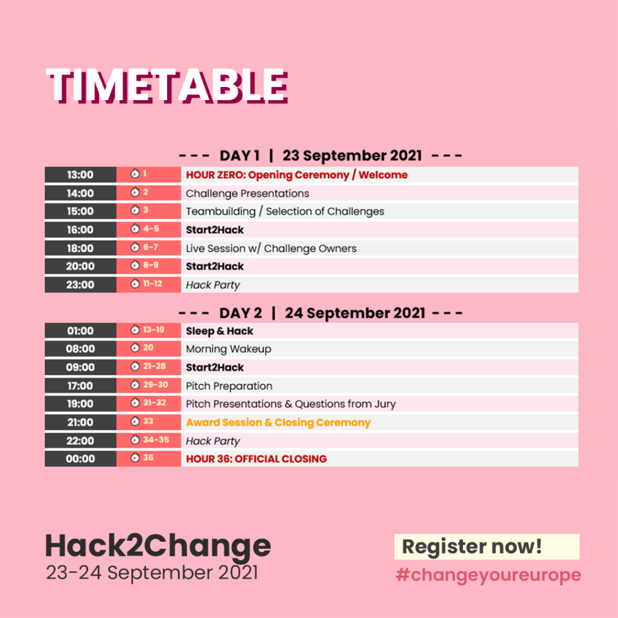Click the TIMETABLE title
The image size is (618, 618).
click(167, 86)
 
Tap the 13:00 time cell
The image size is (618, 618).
click(80, 174)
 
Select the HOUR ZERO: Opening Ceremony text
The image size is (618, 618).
click(267, 175)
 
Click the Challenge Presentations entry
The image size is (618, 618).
click(247, 194)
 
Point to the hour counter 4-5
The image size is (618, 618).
click(151, 229)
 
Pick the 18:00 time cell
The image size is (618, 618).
click(80, 248)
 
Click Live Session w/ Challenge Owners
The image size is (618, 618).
click(271, 249)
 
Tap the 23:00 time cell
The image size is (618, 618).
click(80, 285)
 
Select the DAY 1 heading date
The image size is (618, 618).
click(352, 156)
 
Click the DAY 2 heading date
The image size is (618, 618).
click(355, 313)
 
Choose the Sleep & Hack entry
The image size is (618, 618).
click(220, 331)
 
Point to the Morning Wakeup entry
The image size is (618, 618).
click(229, 349)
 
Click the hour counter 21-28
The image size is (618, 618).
click(154, 366)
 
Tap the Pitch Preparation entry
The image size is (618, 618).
click(229, 386)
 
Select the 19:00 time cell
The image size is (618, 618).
click(80, 404)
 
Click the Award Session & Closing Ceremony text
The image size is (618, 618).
click(278, 422)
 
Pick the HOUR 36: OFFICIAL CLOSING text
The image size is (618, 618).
click(256, 459)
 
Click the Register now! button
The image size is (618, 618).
click(487, 547)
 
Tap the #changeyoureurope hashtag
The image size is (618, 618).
click(488, 575)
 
